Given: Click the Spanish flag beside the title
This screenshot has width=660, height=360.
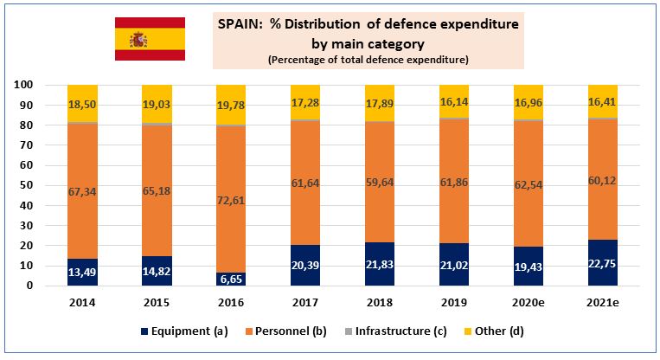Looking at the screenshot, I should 150,38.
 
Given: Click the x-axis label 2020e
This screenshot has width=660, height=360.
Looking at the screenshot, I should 529,302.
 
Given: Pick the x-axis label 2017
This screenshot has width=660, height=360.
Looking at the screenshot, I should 304,302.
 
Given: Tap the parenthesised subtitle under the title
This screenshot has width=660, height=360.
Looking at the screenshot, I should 368,60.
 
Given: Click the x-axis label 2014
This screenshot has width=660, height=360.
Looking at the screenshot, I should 82,302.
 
